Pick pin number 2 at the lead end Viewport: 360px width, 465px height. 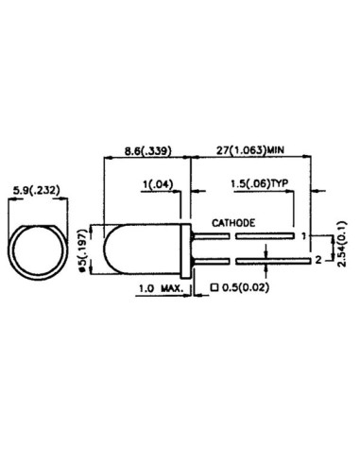pyautogui.click(x=317, y=258)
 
